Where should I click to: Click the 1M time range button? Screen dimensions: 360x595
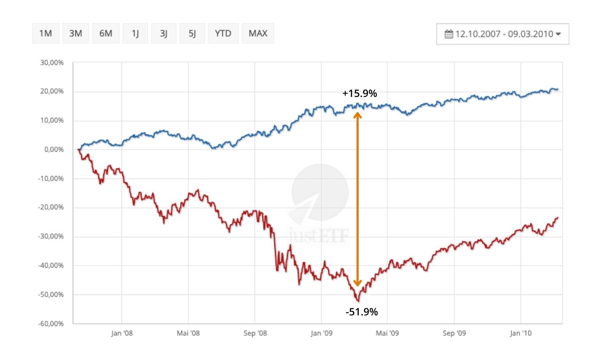[x=45, y=33]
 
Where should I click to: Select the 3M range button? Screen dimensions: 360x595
[x=75, y=33]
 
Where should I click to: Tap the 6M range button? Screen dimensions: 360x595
[x=105, y=33]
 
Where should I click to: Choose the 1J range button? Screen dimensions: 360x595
[x=135, y=33]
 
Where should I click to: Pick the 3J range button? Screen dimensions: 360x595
[x=164, y=33]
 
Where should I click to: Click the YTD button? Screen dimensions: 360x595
[x=223, y=33]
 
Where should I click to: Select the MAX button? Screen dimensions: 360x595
[x=258, y=33]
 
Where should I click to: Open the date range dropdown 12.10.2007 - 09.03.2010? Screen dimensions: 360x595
[x=502, y=34]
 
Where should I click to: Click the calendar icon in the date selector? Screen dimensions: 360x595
[x=449, y=34]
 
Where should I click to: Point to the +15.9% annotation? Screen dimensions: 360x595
[x=360, y=94]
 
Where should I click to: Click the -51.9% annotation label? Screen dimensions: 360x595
[x=362, y=312]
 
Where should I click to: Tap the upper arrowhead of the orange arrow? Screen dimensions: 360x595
[x=357, y=115]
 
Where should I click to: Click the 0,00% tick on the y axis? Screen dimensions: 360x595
[x=54, y=150]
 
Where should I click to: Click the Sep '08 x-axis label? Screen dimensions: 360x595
[x=255, y=333]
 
